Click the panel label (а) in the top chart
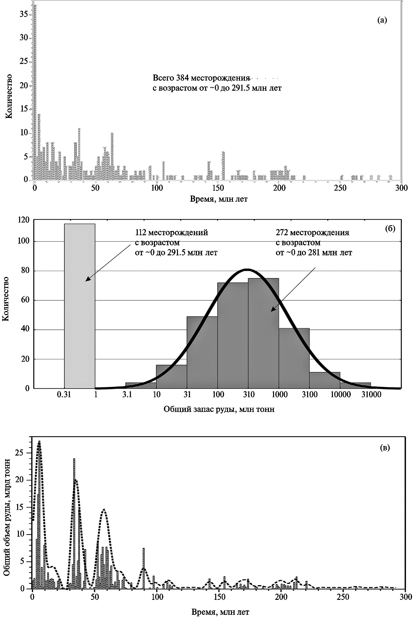(x=382, y=20)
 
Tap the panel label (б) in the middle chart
(x=390, y=229)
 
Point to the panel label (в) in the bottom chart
(x=385, y=448)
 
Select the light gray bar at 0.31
(x=80, y=306)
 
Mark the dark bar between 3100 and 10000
(x=325, y=380)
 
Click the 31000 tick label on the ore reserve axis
(x=371, y=395)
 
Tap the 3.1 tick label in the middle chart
(x=127, y=395)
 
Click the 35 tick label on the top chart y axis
(x=24, y=14)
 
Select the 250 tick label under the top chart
(x=340, y=188)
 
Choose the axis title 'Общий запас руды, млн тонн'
(x=219, y=409)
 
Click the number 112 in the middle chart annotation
(x=140, y=233)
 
